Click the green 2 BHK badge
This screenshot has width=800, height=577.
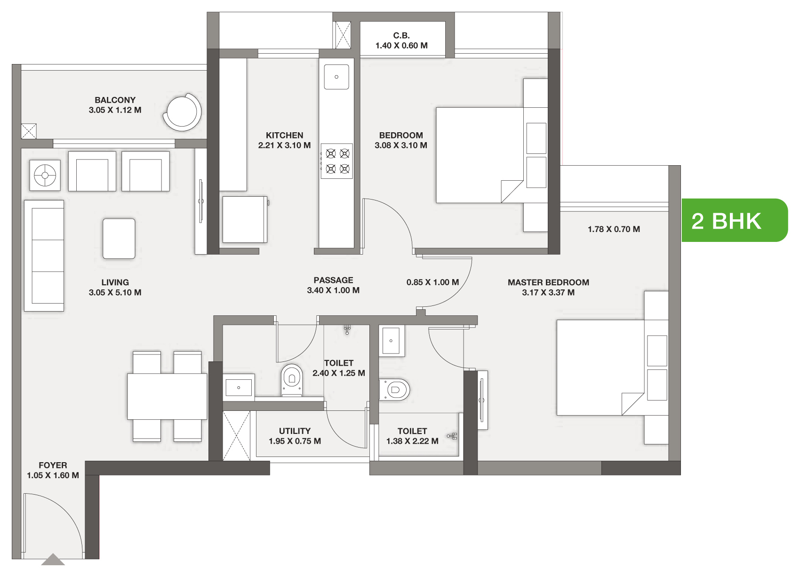[x=734, y=220]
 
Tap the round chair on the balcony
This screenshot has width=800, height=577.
[x=182, y=112]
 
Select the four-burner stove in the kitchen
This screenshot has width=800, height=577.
[x=337, y=161]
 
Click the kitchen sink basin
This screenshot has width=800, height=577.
[x=336, y=77]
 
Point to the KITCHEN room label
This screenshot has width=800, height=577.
[x=284, y=136]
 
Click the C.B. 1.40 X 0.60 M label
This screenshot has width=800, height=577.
[x=401, y=40]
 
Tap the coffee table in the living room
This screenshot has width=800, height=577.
[x=119, y=238]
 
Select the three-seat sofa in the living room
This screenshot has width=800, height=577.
[x=44, y=256]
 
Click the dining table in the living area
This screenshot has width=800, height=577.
[x=167, y=396]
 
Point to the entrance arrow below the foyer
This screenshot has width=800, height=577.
[x=53, y=560]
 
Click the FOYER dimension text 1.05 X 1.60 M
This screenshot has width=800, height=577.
[x=53, y=475]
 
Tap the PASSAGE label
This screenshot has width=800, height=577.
[x=333, y=280]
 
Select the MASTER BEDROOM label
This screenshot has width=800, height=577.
[x=548, y=282]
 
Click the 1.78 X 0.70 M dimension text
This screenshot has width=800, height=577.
[x=614, y=229]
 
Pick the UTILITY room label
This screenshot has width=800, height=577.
[x=295, y=431]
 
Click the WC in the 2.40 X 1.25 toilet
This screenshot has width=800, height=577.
[x=292, y=380]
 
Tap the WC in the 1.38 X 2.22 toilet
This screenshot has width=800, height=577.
[x=394, y=390]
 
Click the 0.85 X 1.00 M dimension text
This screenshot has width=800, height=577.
[x=432, y=282]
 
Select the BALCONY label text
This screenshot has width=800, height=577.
[x=115, y=100]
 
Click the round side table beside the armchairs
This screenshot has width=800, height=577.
[x=45, y=176]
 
